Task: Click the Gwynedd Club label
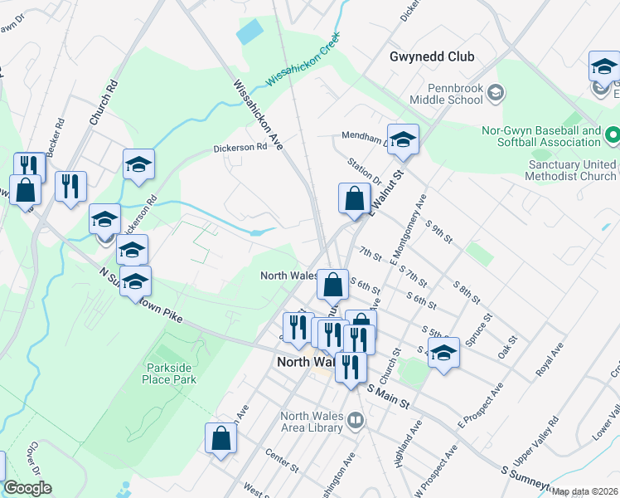[x=432, y=56]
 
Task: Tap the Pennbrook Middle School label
[x=455, y=94]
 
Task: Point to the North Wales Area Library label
[x=312, y=422]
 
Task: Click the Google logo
[x=27, y=489]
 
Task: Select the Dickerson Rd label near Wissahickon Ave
[x=240, y=147]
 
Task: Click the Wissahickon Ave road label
[x=259, y=114]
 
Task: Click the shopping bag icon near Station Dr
[x=354, y=200]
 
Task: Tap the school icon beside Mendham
[x=403, y=140]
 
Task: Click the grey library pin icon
[x=355, y=420]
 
